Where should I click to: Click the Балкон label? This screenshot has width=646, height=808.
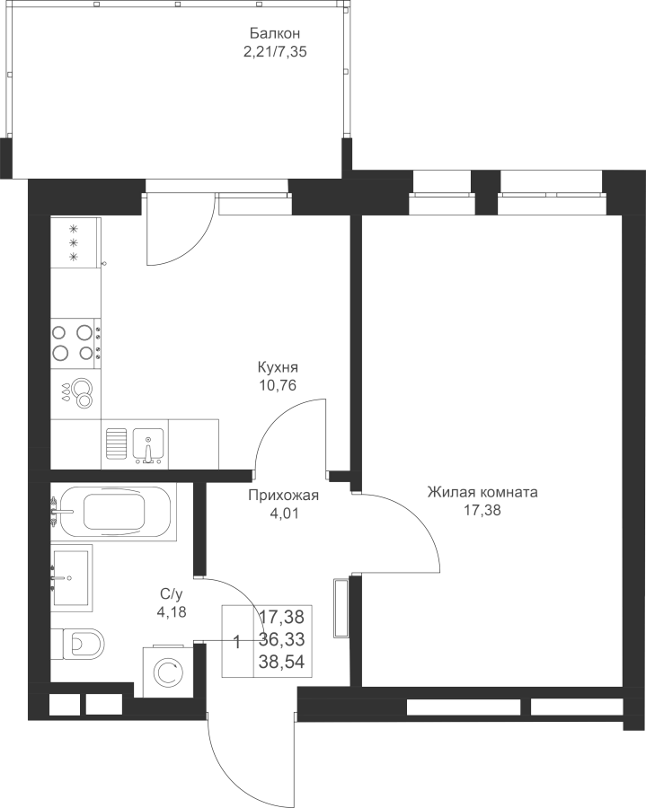275,33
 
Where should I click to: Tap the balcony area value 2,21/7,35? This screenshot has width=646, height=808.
275,51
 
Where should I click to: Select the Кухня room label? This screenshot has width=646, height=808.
278,367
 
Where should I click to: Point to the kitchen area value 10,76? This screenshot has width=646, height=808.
278,385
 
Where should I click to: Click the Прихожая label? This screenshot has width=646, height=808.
284,496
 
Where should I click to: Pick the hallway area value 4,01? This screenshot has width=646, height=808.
284,514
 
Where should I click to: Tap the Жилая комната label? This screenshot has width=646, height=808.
482,493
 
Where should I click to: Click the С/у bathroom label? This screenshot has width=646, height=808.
172,594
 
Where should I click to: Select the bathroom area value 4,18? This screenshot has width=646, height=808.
172,612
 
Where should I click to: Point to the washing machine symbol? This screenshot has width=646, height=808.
167,671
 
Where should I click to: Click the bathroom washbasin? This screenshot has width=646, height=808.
72,577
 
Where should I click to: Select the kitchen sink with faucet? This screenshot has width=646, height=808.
148,444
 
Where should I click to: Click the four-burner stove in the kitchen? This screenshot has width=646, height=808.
75,343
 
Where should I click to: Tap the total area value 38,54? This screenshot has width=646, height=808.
281,661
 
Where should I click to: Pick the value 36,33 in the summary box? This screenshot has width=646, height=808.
281,639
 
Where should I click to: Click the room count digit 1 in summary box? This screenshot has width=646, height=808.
237,642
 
